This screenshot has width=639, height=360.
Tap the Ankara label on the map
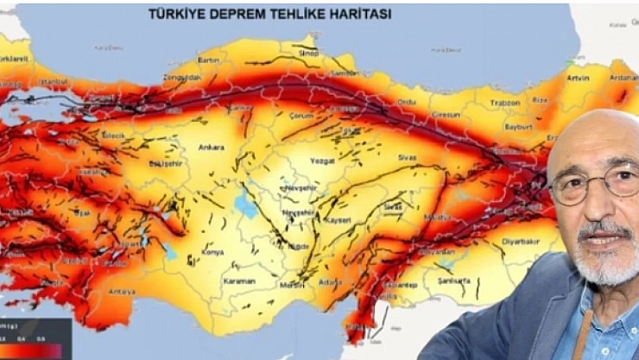(212, 147)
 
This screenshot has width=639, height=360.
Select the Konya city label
(212, 252)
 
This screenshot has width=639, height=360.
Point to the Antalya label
(123, 292)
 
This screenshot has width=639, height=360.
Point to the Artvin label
(579, 79)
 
